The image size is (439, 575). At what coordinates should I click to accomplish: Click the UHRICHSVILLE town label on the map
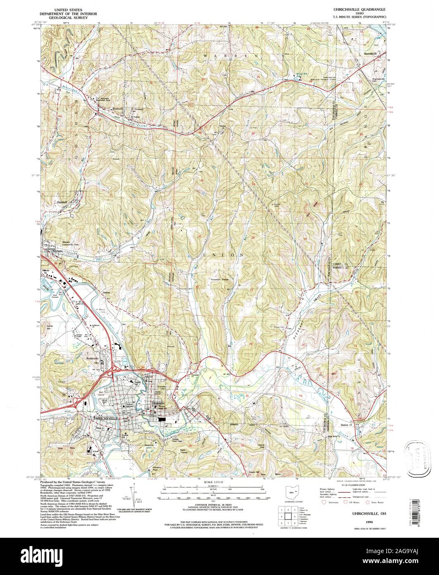(x=106, y=418)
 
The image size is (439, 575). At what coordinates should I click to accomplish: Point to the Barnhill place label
(x=62, y=203)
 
